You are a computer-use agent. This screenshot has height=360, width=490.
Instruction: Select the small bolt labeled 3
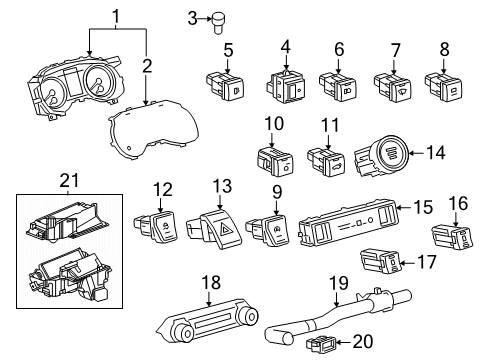pyautogui.click(x=216, y=17)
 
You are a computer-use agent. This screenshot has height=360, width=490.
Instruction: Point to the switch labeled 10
pyautogui.click(x=272, y=158)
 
